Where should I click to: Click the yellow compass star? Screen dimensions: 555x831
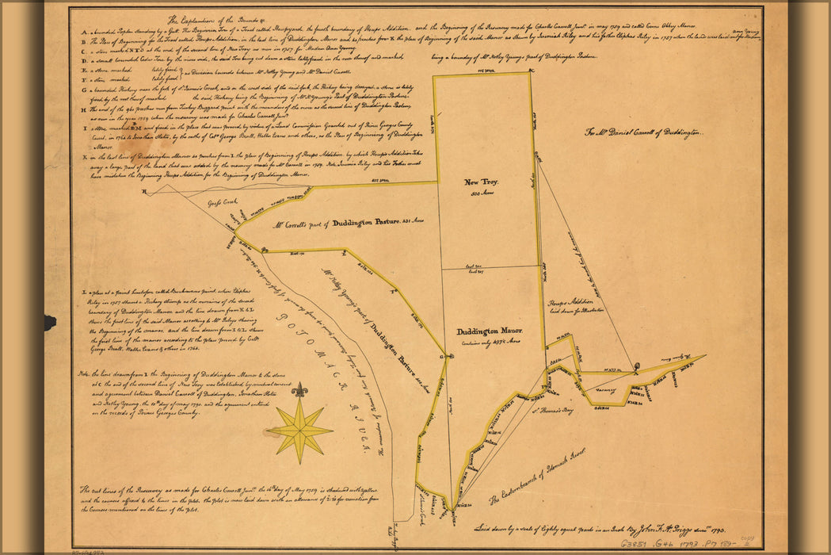[x=299, y=430]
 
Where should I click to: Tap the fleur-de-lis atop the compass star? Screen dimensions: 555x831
[x=299, y=390]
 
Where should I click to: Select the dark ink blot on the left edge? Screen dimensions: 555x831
[x=49, y=322]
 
